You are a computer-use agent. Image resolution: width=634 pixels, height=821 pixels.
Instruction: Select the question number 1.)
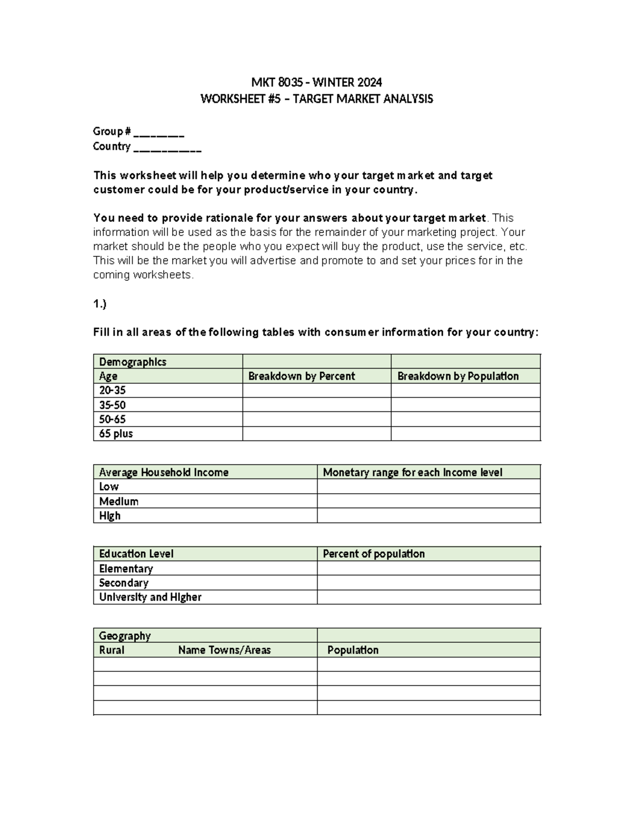[100, 304]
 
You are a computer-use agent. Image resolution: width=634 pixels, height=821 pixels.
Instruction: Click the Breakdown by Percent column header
[302, 376]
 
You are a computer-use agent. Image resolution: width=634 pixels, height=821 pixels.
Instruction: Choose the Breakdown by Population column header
[458, 376]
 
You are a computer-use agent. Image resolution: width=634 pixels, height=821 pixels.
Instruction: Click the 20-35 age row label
[113, 391]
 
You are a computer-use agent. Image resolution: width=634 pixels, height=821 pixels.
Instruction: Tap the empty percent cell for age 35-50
[316, 405]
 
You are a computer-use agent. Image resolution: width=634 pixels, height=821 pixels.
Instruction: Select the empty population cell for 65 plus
[465, 433]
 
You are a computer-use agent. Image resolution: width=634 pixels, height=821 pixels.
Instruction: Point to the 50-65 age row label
[113, 419]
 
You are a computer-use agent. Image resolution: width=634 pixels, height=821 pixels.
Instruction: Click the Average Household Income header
[164, 472]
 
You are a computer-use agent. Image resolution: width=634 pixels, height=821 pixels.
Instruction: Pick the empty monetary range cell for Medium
[428, 501]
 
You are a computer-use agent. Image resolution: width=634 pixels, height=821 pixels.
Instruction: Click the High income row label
[110, 515]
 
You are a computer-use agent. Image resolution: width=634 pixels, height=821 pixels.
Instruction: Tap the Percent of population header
[374, 554]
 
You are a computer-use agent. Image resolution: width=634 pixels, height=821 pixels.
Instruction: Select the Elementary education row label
[126, 568]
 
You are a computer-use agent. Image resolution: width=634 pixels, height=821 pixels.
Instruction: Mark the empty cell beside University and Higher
[428, 597]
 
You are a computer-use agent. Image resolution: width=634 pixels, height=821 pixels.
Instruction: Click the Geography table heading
[125, 635]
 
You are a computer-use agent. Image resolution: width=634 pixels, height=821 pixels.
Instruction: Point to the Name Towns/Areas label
[225, 650]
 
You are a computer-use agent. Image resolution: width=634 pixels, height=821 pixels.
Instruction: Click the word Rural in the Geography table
[111, 650]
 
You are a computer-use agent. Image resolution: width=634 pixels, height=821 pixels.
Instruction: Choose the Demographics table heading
[133, 362]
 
